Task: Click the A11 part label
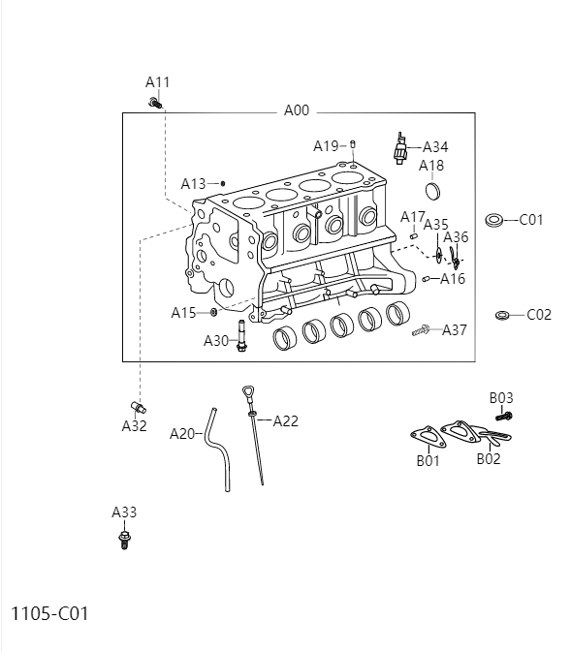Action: [x=158, y=82]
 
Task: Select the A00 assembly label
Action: [x=296, y=110]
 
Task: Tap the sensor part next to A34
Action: [x=398, y=148]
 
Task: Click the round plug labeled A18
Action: [x=433, y=188]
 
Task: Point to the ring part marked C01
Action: [x=492, y=220]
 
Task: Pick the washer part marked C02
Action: [x=502, y=315]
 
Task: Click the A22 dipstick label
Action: [x=285, y=420]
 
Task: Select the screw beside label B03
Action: [x=503, y=416]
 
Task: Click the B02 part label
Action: [x=489, y=459]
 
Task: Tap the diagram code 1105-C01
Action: [x=49, y=613]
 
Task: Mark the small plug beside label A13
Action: [x=223, y=182]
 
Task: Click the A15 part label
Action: [x=183, y=312]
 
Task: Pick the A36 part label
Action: [x=456, y=236]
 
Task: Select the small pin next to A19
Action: [x=353, y=144]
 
